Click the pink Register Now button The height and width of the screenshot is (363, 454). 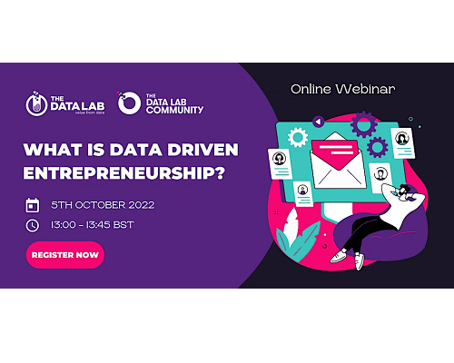tap(65, 255)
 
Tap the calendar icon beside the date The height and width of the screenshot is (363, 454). tap(33, 205)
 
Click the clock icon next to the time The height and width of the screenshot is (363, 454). tap(33, 225)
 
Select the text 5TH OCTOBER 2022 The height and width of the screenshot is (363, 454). tap(103, 205)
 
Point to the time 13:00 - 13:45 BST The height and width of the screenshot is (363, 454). tap(93, 225)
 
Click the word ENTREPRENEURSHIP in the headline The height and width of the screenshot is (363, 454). tap(124, 173)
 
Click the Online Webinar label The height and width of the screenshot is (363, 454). tap(343, 89)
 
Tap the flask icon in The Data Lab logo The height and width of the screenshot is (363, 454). tap(36, 103)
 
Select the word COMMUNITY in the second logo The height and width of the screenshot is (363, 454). tap(174, 110)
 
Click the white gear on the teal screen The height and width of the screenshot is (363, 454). tap(298, 137)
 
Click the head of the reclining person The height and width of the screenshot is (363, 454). tap(404, 191)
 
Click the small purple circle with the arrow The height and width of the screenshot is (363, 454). tap(318, 122)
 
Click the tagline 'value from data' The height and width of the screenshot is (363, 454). tap(90, 113)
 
